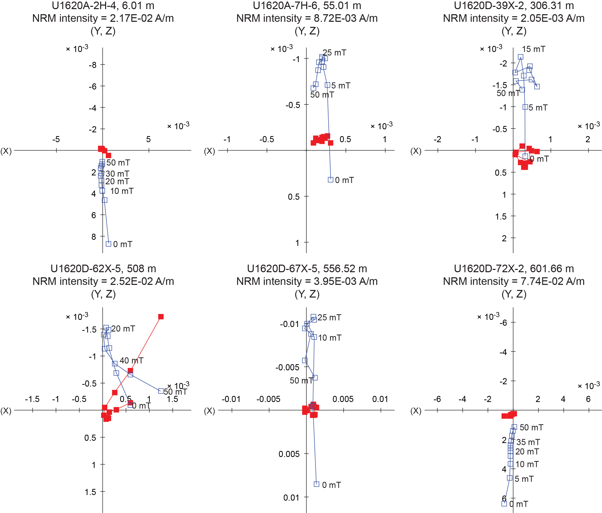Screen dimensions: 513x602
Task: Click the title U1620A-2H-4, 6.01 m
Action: pyautogui.click(x=103, y=6)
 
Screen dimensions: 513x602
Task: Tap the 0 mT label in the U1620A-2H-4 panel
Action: pyautogui.click(x=123, y=244)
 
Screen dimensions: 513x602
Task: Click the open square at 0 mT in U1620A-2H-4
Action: pyautogui.click(x=108, y=244)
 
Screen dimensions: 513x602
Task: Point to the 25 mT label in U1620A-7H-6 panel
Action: pyautogui.click(x=334, y=53)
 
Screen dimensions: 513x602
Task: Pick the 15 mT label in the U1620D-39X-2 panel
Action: pyautogui.click(x=533, y=49)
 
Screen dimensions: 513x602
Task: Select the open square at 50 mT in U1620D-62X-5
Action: pyautogui.click(x=161, y=391)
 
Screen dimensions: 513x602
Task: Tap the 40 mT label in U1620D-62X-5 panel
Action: pyautogui.click(x=132, y=361)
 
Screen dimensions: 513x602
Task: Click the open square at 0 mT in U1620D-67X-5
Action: pyautogui.click(x=317, y=484)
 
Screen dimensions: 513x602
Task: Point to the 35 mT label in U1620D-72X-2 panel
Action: pyautogui.click(x=528, y=442)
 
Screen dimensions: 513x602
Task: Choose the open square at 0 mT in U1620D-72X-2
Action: pyautogui.click(x=504, y=503)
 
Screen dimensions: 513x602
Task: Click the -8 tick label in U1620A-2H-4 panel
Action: pyautogui.click(x=93, y=65)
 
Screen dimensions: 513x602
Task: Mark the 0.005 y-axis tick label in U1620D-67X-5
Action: pyautogui.click(x=289, y=454)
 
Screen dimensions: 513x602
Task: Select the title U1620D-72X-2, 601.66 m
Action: pyautogui.click(x=514, y=268)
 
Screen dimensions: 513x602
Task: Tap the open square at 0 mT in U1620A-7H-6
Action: pyautogui.click(x=330, y=180)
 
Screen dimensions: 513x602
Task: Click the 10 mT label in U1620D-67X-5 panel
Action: pyautogui.click(x=329, y=338)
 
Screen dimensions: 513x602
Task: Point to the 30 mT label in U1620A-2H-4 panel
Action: pyautogui.click(x=117, y=174)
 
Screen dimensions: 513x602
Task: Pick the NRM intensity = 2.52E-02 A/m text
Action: pyautogui.click(x=103, y=281)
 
